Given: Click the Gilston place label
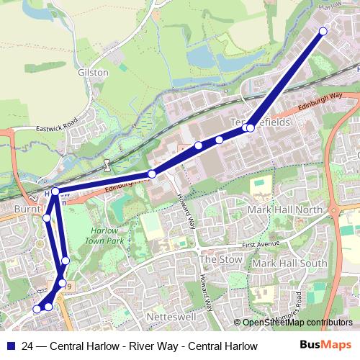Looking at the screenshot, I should click(x=93, y=73).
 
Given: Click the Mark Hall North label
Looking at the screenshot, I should click(x=286, y=210).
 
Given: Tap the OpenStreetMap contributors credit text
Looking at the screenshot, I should click(x=297, y=323).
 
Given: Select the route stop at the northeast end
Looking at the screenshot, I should click(x=323, y=31).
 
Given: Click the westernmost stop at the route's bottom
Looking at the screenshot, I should click(x=37, y=309).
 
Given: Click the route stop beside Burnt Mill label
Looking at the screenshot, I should click(x=46, y=217).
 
